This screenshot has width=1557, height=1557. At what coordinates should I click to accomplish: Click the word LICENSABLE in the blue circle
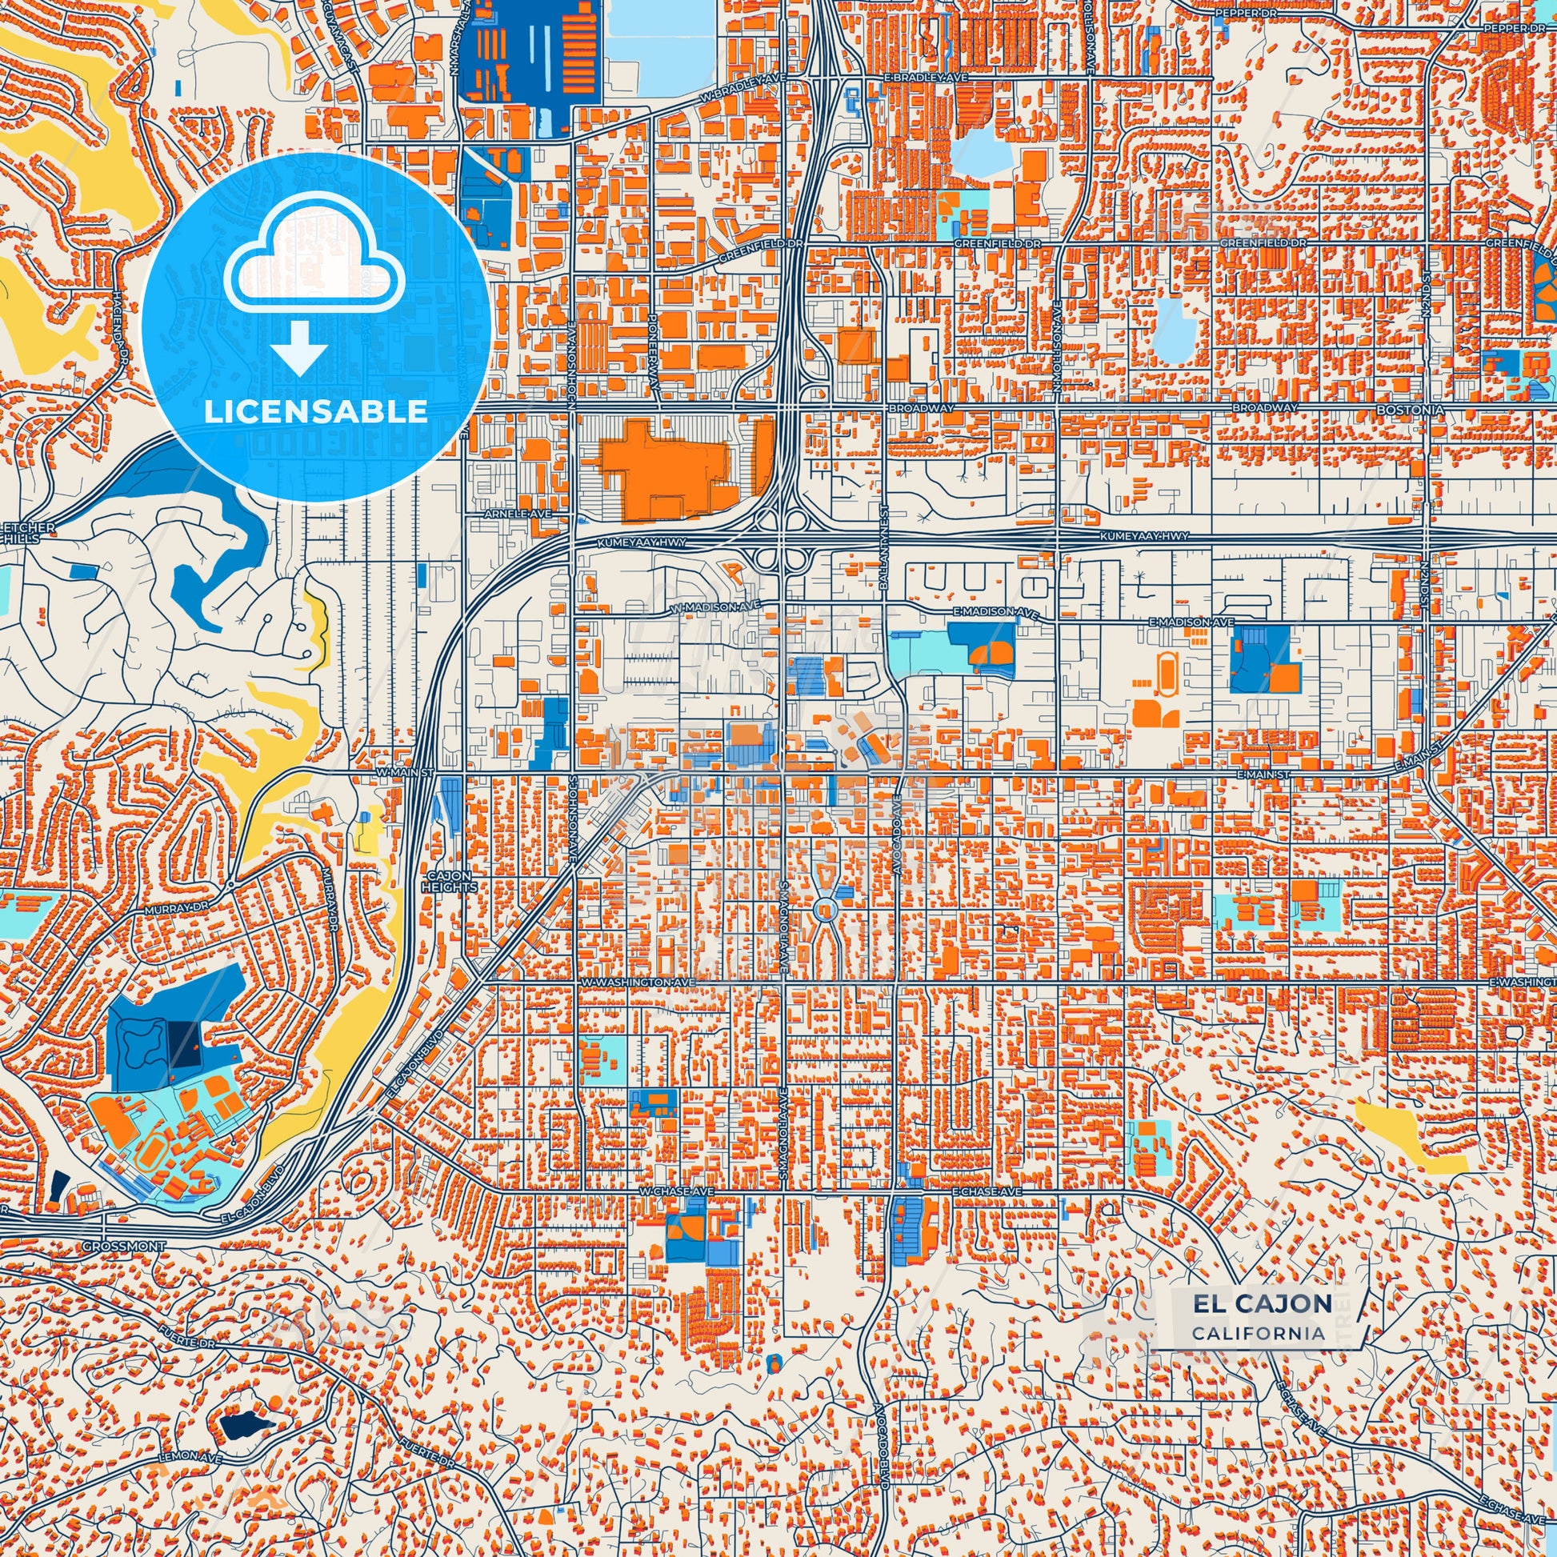pyautogui.click(x=315, y=412)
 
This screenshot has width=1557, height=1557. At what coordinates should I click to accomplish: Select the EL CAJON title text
pyautogui.click(x=1262, y=1303)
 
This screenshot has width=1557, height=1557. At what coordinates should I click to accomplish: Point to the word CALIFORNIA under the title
pyautogui.click(x=1258, y=1334)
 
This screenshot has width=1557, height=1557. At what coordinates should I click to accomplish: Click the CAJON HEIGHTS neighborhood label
pyautogui.click(x=449, y=882)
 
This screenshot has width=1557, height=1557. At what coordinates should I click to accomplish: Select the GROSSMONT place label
pyautogui.click(x=123, y=1246)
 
